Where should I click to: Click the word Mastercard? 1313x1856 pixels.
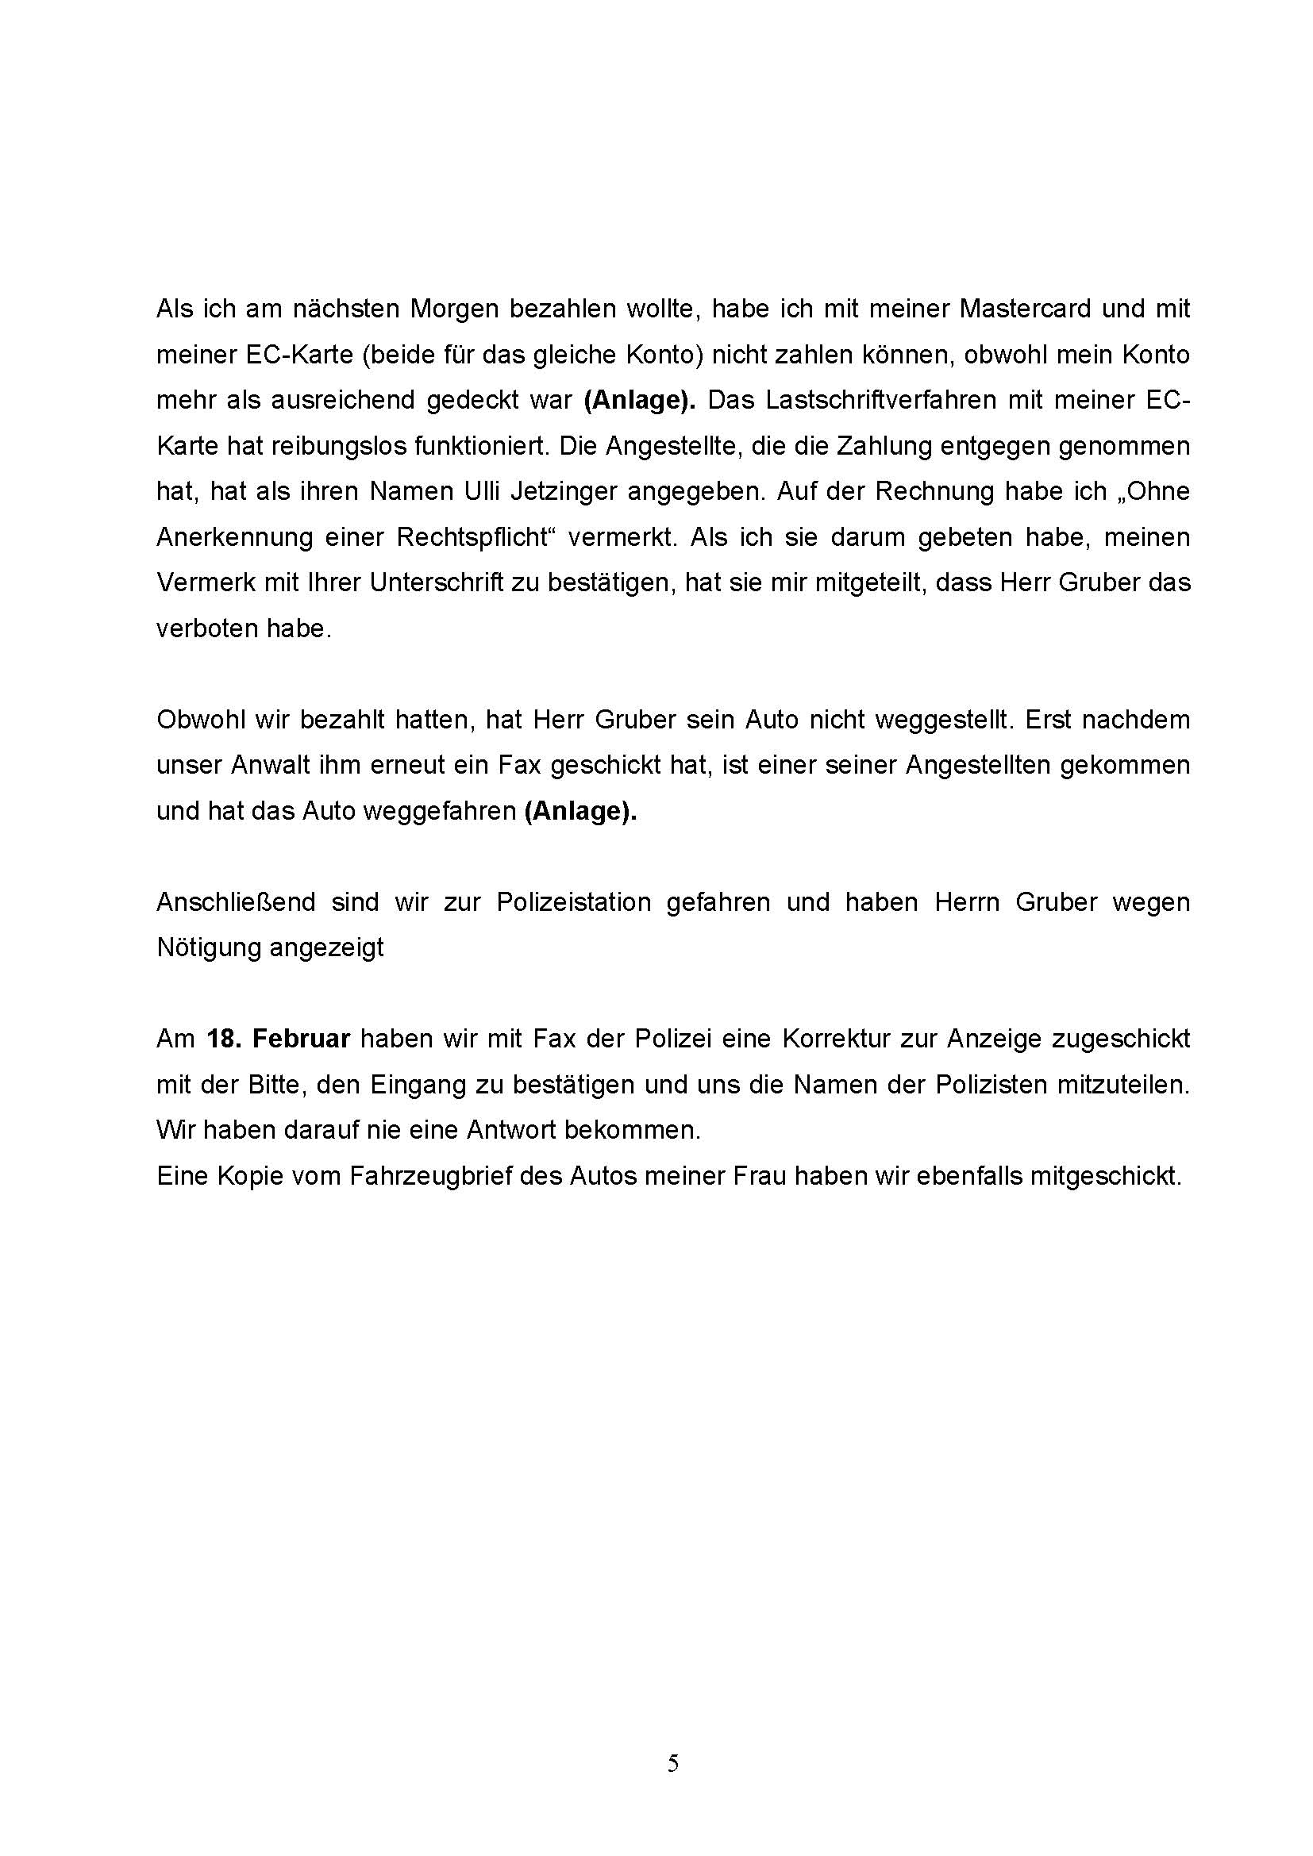click(1025, 309)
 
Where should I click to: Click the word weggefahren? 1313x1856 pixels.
click(440, 811)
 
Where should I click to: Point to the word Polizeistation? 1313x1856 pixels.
click(573, 902)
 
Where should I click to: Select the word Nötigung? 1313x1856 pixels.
click(206, 947)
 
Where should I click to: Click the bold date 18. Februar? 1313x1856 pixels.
click(278, 1039)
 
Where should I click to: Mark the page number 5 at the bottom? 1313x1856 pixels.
click(672, 1764)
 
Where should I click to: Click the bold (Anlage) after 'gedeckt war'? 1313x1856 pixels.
click(640, 400)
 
